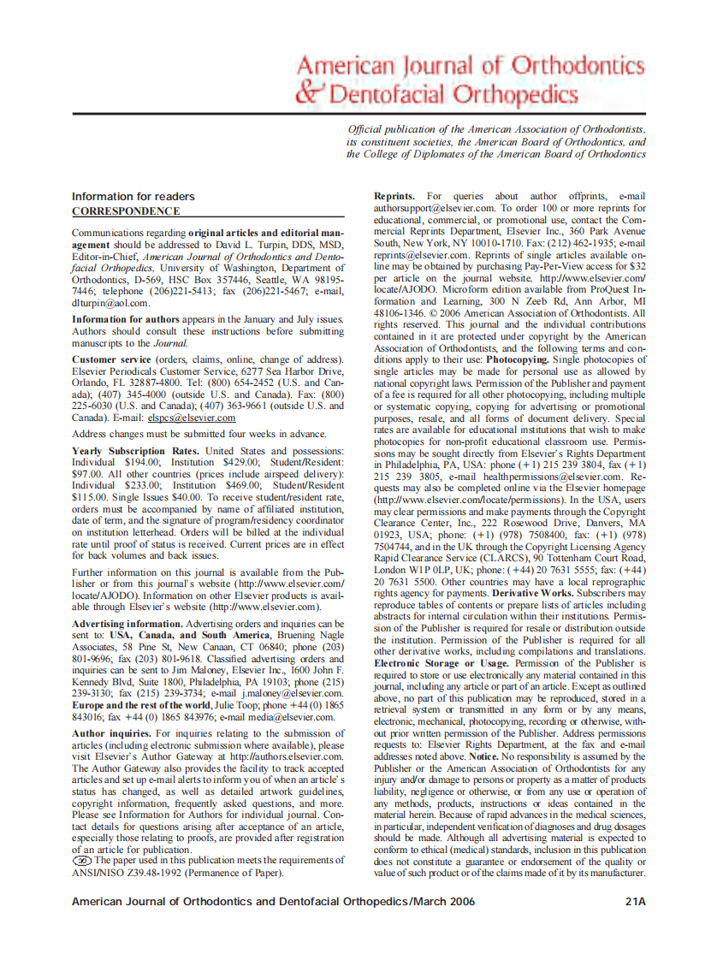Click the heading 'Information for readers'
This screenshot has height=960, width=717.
tap(133, 197)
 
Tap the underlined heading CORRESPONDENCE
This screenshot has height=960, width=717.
tap(126, 211)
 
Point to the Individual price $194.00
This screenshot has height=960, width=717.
tap(141, 461)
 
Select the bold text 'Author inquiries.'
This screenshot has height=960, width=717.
tap(111, 733)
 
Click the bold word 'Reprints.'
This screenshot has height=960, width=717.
tap(396, 197)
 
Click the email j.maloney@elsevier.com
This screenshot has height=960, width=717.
tap(290, 694)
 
